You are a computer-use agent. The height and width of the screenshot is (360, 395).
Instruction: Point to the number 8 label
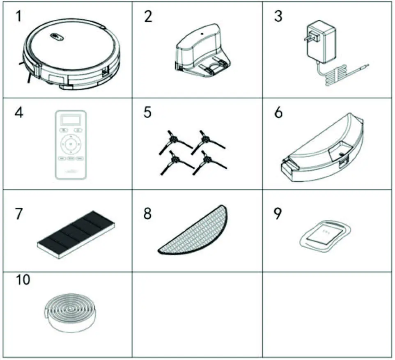[147, 214]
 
